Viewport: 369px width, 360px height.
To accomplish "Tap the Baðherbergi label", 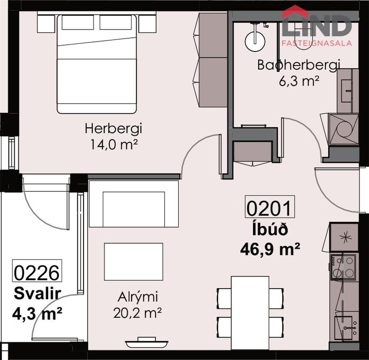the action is [x=298, y=65].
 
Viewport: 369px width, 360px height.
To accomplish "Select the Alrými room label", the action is [x=138, y=297].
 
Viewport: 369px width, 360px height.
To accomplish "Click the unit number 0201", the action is [x=270, y=207].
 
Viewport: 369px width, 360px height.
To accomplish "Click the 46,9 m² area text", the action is [x=270, y=250].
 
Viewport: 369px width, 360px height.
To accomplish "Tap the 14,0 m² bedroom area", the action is [x=113, y=145].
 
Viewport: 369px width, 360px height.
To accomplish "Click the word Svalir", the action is [x=37, y=294].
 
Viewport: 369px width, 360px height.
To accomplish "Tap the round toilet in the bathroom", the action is [x=255, y=40].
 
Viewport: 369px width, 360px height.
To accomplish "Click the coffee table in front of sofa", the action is [x=133, y=262].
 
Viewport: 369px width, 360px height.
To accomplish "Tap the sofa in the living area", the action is [x=133, y=203].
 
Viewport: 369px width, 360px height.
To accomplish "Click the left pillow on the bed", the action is [x=78, y=22].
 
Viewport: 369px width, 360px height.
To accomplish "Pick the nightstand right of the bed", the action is [x=148, y=24].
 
